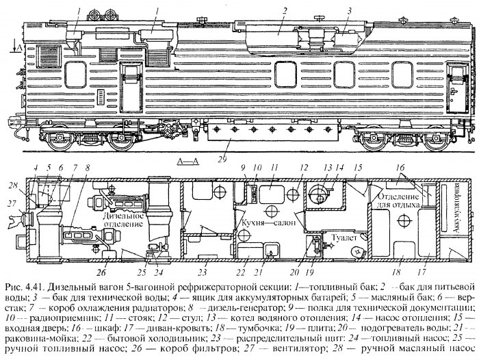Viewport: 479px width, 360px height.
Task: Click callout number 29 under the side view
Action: point(222,159)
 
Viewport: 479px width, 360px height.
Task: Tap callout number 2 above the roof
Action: point(285,12)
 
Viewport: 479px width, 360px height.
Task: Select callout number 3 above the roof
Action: point(350,11)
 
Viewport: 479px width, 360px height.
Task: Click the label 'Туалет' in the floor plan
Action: point(345,237)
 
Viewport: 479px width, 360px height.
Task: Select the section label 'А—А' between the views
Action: point(188,161)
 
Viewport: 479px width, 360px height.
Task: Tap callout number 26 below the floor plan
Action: point(101,272)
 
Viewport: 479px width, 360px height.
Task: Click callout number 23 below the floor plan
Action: point(203,272)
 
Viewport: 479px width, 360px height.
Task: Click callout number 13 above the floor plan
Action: point(328,168)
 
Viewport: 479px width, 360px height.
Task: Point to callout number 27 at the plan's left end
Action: point(12,203)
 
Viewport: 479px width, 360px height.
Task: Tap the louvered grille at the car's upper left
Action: point(49,56)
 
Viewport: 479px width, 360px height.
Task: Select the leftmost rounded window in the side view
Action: point(75,75)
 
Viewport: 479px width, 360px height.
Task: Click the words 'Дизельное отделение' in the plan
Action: point(123,220)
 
